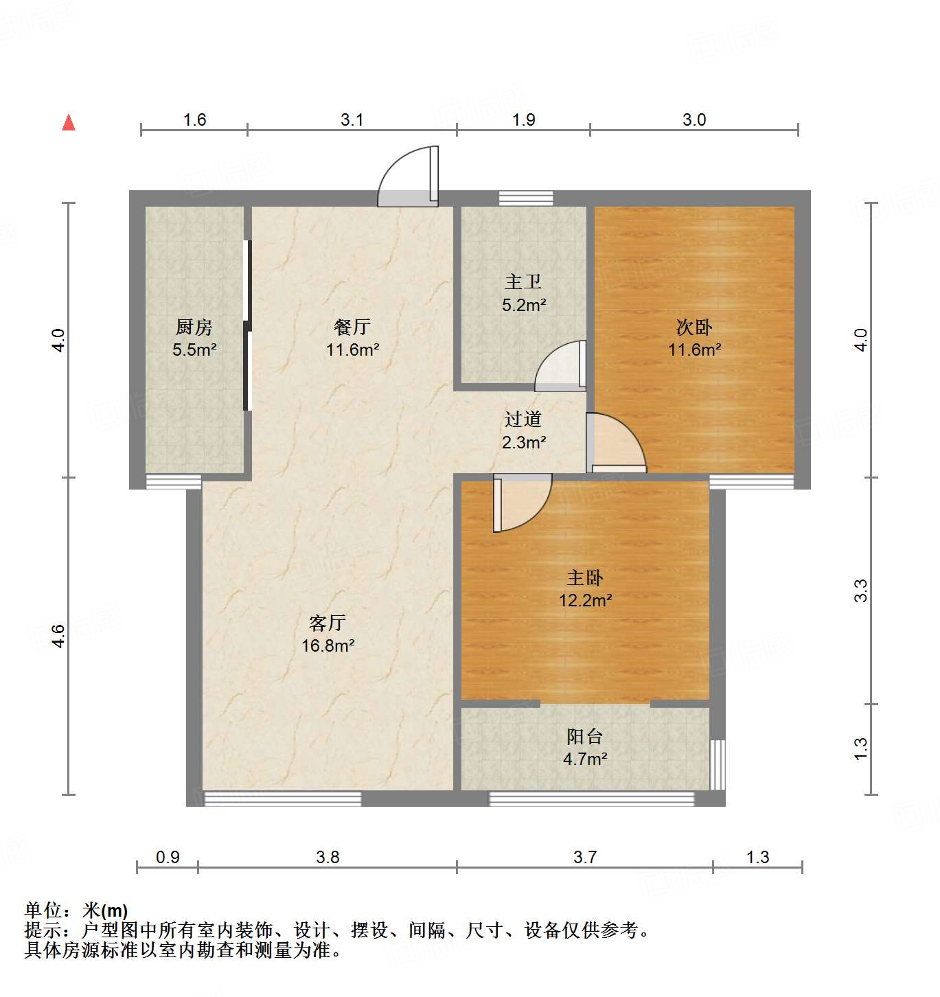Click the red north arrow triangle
click(69, 122)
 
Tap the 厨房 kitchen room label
click(194, 327)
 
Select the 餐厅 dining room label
click(352, 327)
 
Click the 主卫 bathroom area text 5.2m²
click(524, 305)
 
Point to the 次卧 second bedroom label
click(694, 327)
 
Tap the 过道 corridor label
click(523, 419)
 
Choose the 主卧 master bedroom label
click(585, 577)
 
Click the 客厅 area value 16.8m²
click(328, 645)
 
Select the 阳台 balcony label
click(585, 737)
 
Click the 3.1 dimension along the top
click(352, 119)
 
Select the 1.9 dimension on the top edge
click(523, 119)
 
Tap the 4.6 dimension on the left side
click(59, 636)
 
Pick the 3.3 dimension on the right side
click(861, 591)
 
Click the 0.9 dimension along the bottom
click(168, 857)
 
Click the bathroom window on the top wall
click(526, 198)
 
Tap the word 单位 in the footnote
click(43, 910)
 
